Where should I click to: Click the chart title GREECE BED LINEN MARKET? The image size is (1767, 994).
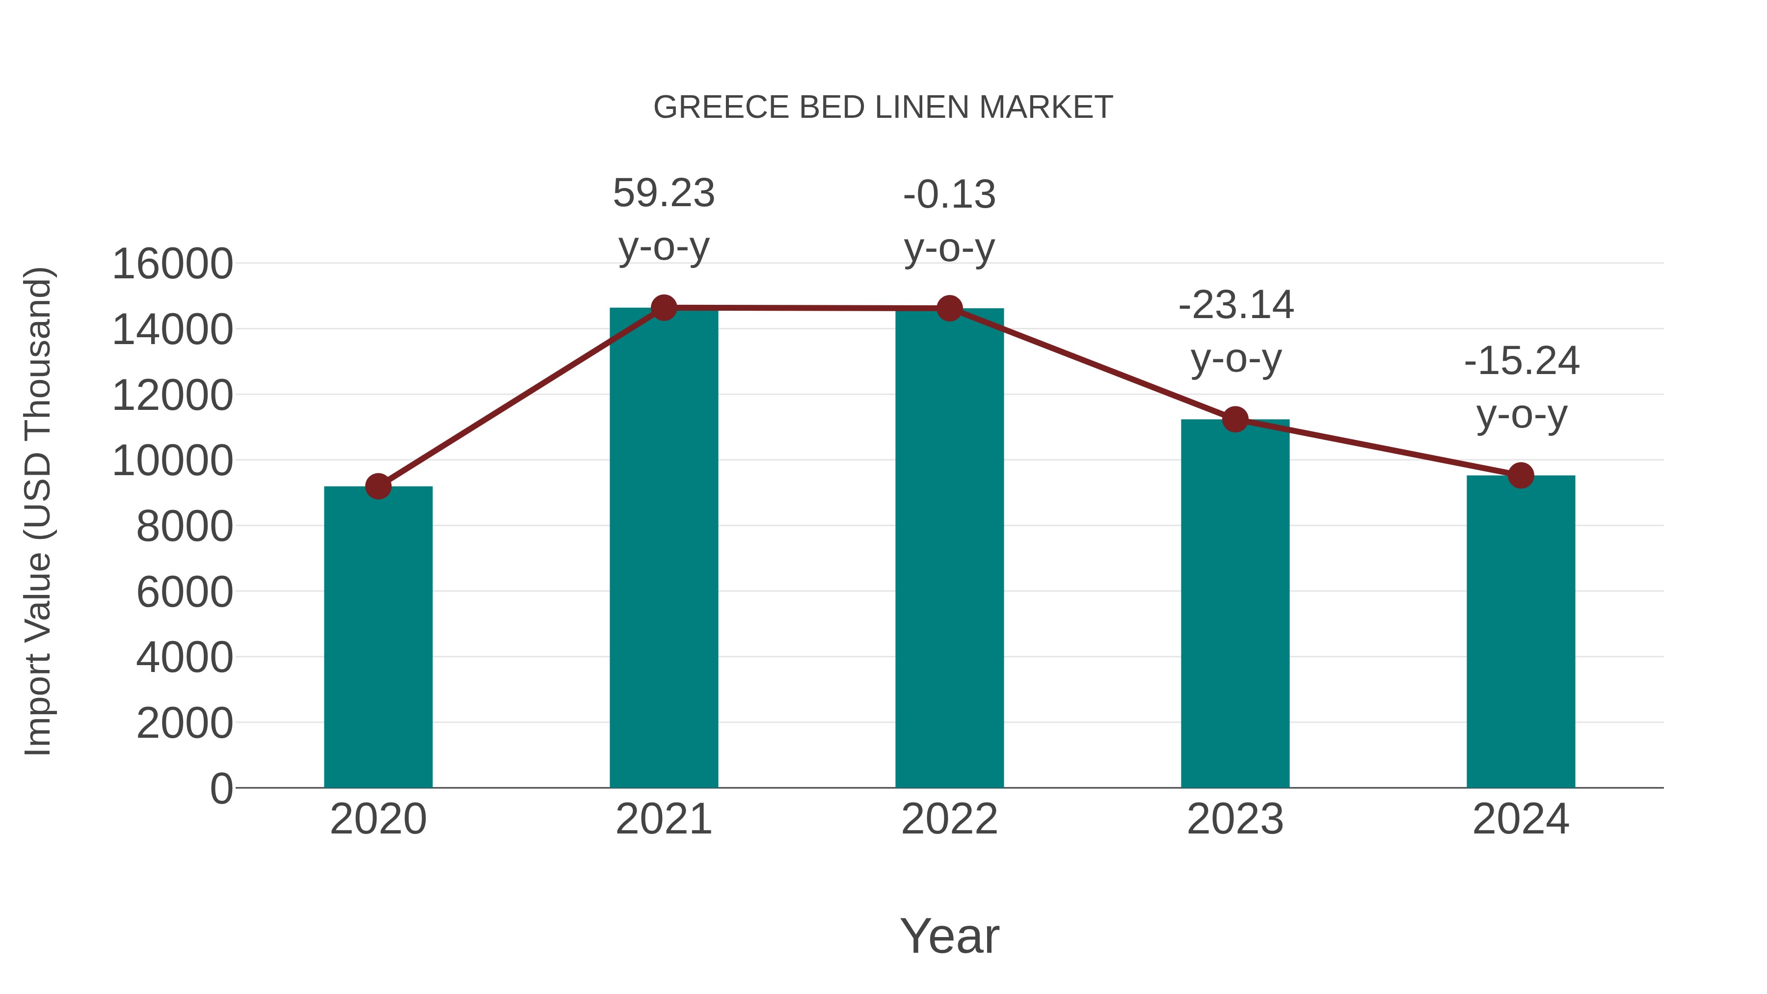883,107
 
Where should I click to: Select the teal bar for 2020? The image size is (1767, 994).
378,638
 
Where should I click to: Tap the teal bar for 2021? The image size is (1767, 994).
663,549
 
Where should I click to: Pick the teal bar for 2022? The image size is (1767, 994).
949,549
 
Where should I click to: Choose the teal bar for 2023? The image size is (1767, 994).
1235,604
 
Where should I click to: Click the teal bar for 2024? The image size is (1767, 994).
1521,631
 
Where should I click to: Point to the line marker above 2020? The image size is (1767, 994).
378,486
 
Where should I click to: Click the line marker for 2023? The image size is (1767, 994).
1235,419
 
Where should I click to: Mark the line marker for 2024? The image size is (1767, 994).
1521,475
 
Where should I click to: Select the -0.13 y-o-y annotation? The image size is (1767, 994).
949,221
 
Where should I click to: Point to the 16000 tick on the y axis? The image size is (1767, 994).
172,264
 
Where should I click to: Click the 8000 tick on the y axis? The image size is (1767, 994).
185,527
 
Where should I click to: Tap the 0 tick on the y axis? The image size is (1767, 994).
221,789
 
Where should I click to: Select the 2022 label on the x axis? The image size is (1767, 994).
949,819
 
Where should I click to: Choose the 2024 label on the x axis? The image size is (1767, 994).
1521,819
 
